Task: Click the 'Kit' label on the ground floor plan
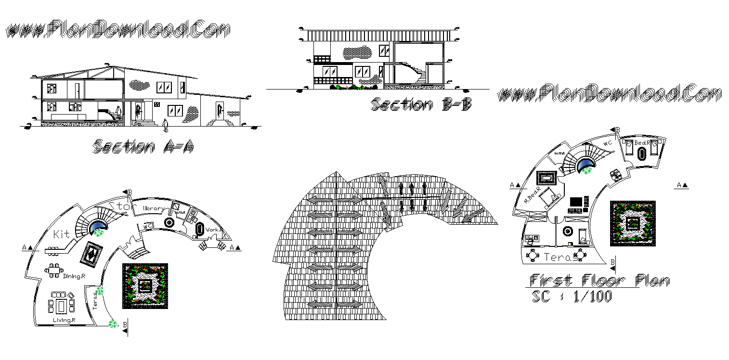pos(62,234)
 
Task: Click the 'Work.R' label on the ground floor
pos(215,230)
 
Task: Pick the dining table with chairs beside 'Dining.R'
pos(53,269)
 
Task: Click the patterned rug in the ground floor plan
pos(90,254)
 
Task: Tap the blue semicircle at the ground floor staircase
pos(98,226)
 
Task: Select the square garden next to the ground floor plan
pos(145,286)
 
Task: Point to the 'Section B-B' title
pos(421,104)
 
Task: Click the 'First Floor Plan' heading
pos(599,280)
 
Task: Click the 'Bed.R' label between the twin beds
pos(642,143)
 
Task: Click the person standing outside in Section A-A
pos(166,126)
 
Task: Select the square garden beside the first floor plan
pos(632,223)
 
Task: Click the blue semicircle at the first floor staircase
pos(586,167)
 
